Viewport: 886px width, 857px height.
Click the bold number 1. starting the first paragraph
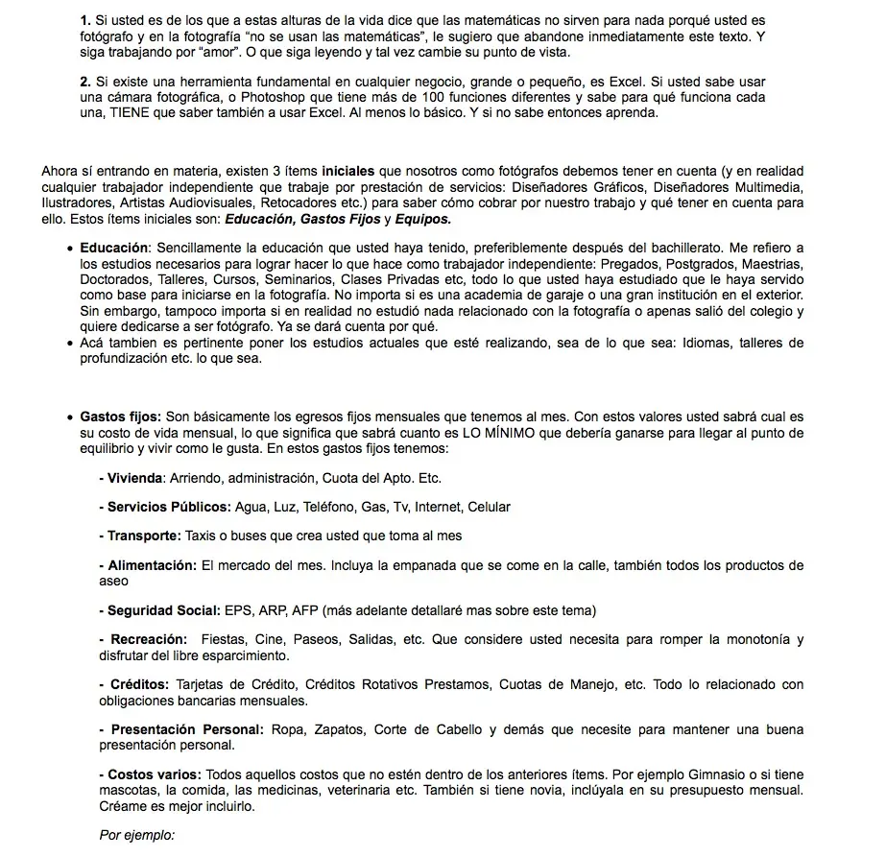click(x=85, y=20)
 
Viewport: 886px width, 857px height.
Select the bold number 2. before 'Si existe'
click(x=85, y=82)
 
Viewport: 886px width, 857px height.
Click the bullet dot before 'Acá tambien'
click(x=71, y=344)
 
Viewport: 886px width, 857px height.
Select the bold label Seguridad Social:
click(x=163, y=610)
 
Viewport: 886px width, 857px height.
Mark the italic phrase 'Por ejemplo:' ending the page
click(x=137, y=835)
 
